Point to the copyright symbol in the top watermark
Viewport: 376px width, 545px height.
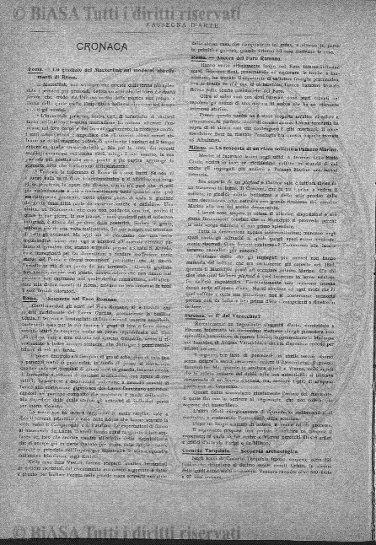18,12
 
